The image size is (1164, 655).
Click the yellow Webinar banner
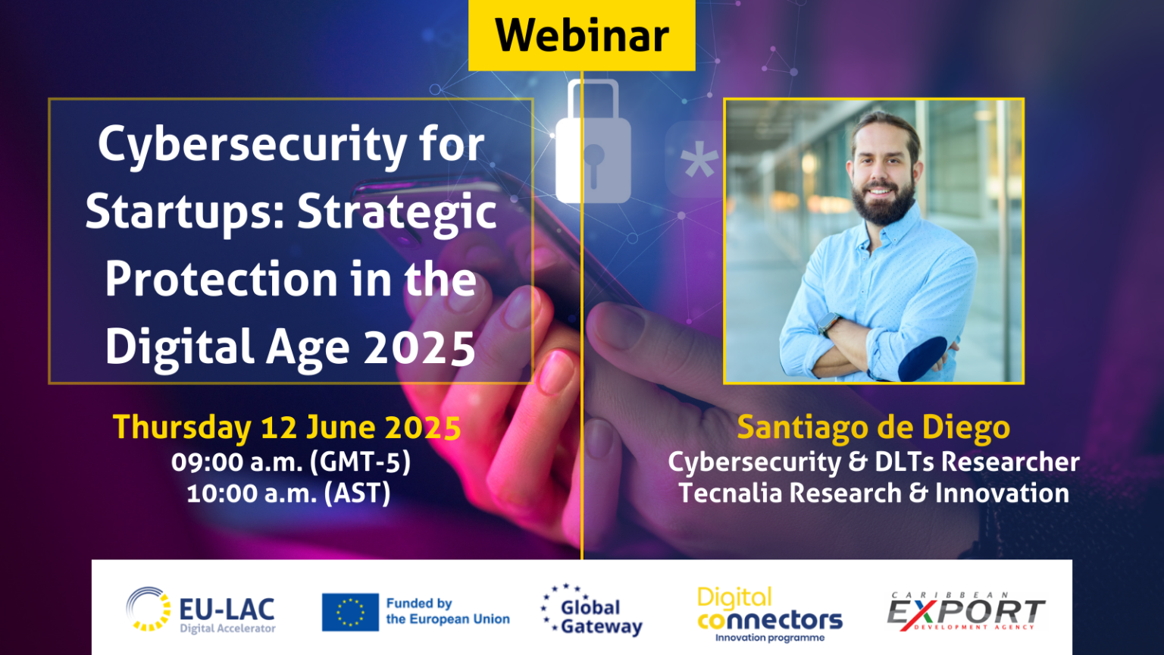tap(581, 35)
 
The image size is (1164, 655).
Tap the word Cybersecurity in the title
tap(251, 146)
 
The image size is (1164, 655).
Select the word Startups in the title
tap(182, 212)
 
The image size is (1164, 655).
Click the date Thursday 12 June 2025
tap(286, 428)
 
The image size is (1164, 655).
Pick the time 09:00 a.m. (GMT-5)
tap(290, 462)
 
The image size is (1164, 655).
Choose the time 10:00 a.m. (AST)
tap(288, 494)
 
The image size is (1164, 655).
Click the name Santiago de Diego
tap(873, 428)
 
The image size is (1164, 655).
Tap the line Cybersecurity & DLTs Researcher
tap(873, 462)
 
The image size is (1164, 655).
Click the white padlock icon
tap(593, 148)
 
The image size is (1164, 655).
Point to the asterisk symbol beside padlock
tap(698, 161)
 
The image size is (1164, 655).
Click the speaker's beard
tap(884, 202)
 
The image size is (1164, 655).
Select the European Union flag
tap(350, 612)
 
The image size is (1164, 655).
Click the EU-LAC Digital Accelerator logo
tap(201, 610)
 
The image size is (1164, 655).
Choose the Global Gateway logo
tap(593, 610)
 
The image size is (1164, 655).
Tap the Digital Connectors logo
tap(769, 614)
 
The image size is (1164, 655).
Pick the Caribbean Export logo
tap(965, 612)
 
